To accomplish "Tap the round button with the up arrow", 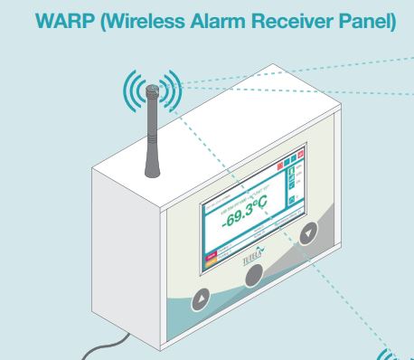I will coord(202,296).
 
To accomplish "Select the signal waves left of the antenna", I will coord(132,90).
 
